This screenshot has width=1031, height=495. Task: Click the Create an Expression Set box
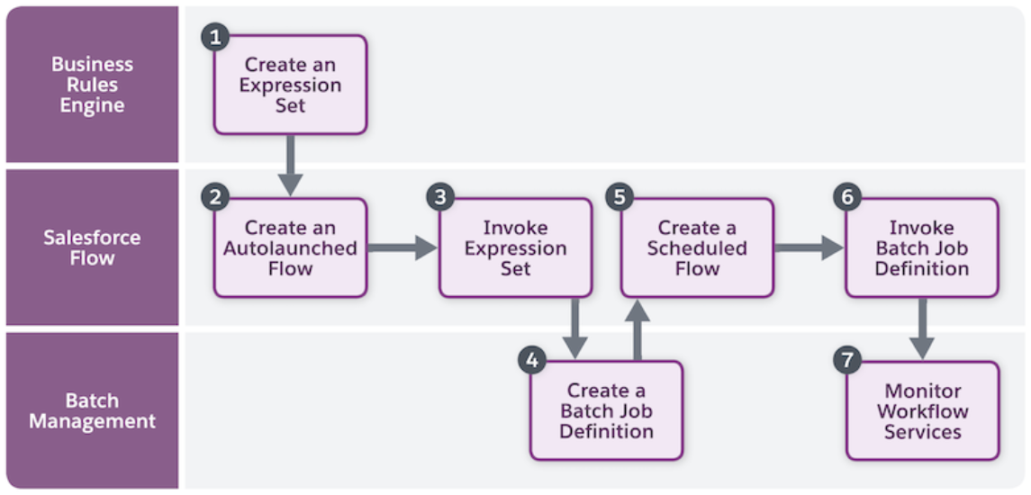coord(290,85)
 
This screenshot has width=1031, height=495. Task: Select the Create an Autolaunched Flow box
coord(290,248)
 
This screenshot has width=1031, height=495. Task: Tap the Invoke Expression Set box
coord(515,248)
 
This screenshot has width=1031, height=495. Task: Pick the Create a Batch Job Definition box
coord(606,411)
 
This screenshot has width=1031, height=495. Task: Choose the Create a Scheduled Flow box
coord(697,248)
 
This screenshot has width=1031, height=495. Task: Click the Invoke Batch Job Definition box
coord(922,248)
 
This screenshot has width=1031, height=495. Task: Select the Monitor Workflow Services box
coord(922,411)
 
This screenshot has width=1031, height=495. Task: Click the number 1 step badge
coord(214,36)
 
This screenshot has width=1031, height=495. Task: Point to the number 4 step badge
coord(531,361)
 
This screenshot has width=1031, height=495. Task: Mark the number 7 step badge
coord(846,361)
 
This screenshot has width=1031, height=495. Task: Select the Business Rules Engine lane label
coord(92,85)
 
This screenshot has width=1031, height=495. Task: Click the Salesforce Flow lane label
coord(92,247)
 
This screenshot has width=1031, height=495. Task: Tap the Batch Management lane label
coord(92,410)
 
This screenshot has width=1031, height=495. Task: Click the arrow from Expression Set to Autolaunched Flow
coord(290,165)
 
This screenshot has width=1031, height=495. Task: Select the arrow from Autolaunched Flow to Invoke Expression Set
coord(402,247)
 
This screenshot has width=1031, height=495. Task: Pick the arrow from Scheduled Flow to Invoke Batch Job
coord(808,247)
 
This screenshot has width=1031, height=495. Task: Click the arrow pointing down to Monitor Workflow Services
coord(921,328)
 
